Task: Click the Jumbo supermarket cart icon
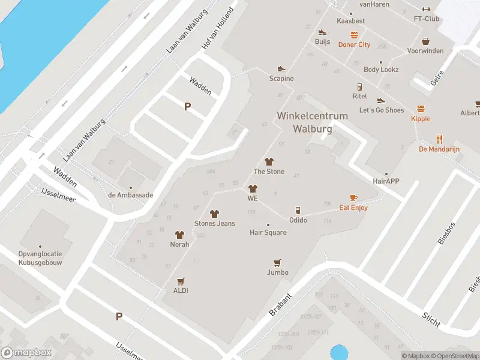click(277, 263)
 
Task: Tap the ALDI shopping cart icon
click(181, 281)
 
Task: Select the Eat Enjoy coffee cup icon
click(353, 197)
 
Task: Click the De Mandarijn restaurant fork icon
click(440, 139)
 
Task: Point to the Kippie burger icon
click(421, 109)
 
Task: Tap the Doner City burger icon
click(354, 35)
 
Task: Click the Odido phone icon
click(298, 211)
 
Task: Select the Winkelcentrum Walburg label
click(304, 121)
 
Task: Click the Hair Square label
click(268, 232)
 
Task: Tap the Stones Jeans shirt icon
click(214, 214)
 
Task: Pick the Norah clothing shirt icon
click(179, 235)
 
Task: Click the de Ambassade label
click(130, 195)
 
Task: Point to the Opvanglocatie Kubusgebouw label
click(40, 258)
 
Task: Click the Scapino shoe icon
click(281, 69)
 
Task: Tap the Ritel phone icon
click(359, 86)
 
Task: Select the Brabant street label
click(281, 305)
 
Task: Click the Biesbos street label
click(447, 231)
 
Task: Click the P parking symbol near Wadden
click(187, 106)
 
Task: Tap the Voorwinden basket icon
click(425, 41)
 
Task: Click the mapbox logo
click(26, 353)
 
